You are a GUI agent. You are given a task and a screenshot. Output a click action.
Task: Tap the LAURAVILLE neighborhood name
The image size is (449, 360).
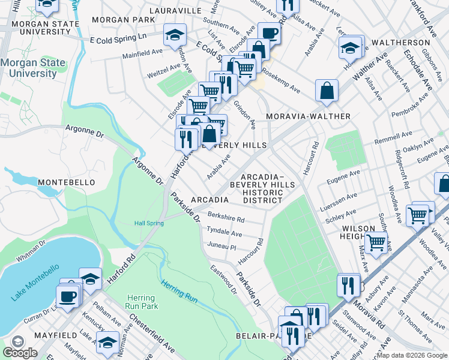[x=175, y=11]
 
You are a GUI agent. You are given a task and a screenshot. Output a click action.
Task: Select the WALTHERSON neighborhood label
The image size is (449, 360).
[x=400, y=43]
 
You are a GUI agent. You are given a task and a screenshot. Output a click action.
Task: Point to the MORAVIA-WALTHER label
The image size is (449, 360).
[x=308, y=116]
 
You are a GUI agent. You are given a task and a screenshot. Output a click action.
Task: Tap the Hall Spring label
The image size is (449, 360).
[x=148, y=223]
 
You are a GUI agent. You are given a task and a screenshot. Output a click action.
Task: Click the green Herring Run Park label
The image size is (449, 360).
[x=141, y=303]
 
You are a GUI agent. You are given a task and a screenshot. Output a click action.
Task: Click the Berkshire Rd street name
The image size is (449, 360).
[x=225, y=219]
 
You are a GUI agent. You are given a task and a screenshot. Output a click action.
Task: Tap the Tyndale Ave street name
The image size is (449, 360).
[x=224, y=232]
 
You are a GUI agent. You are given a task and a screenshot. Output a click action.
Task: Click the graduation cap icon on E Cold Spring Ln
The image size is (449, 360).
[x=175, y=35]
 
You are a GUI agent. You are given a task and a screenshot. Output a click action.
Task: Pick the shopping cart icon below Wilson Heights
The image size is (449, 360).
[x=376, y=242]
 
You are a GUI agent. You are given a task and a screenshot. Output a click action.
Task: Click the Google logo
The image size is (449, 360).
[x=20, y=353]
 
